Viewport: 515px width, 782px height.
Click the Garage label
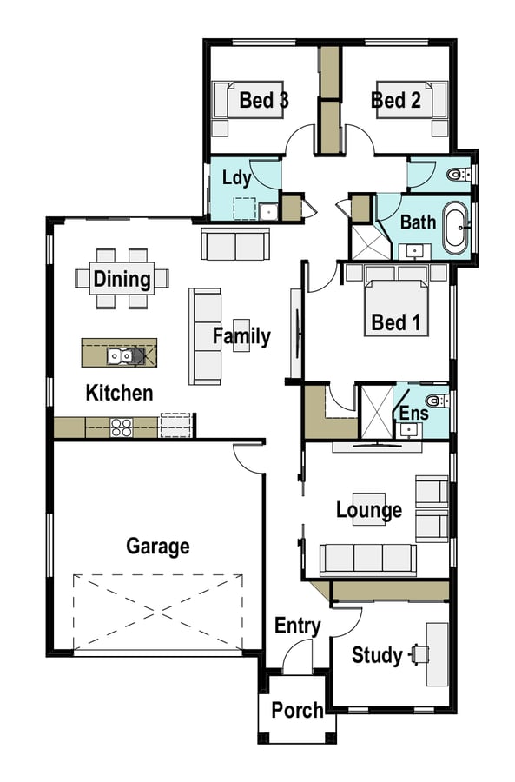click(x=157, y=547)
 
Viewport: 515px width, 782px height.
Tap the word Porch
click(x=297, y=710)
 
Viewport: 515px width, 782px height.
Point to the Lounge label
click(x=369, y=510)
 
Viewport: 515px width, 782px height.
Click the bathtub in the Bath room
click(x=455, y=228)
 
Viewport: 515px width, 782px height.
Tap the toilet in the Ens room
click(x=437, y=401)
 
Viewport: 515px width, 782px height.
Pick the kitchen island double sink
click(x=120, y=355)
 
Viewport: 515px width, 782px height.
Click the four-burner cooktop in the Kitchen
click(x=121, y=427)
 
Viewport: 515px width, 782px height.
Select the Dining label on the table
click(x=122, y=279)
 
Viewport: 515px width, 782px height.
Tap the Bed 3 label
click(x=264, y=100)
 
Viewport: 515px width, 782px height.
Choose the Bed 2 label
click(x=396, y=100)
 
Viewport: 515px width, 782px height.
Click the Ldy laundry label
click(x=236, y=178)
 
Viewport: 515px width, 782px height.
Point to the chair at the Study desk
click(x=419, y=654)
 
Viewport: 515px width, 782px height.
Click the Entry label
click(x=298, y=626)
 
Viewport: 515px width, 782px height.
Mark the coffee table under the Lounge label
click(x=369, y=509)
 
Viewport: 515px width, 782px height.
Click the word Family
click(x=241, y=336)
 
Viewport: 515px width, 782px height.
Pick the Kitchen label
click(x=119, y=393)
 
